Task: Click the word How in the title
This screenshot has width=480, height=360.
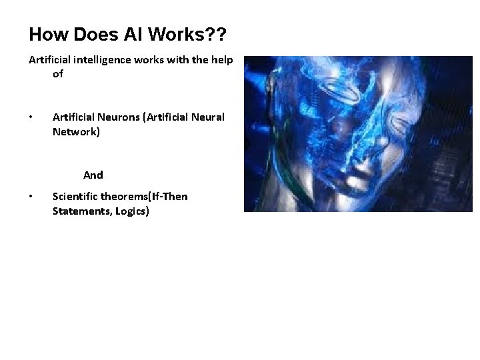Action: coord(45,34)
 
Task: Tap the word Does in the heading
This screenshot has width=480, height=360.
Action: coord(85,34)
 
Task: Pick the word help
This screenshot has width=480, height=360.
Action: coord(220,60)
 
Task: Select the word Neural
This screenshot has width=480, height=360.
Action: coord(207,117)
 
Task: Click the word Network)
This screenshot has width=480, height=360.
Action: coord(76,131)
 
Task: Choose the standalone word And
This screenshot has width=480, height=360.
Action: coord(93,175)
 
